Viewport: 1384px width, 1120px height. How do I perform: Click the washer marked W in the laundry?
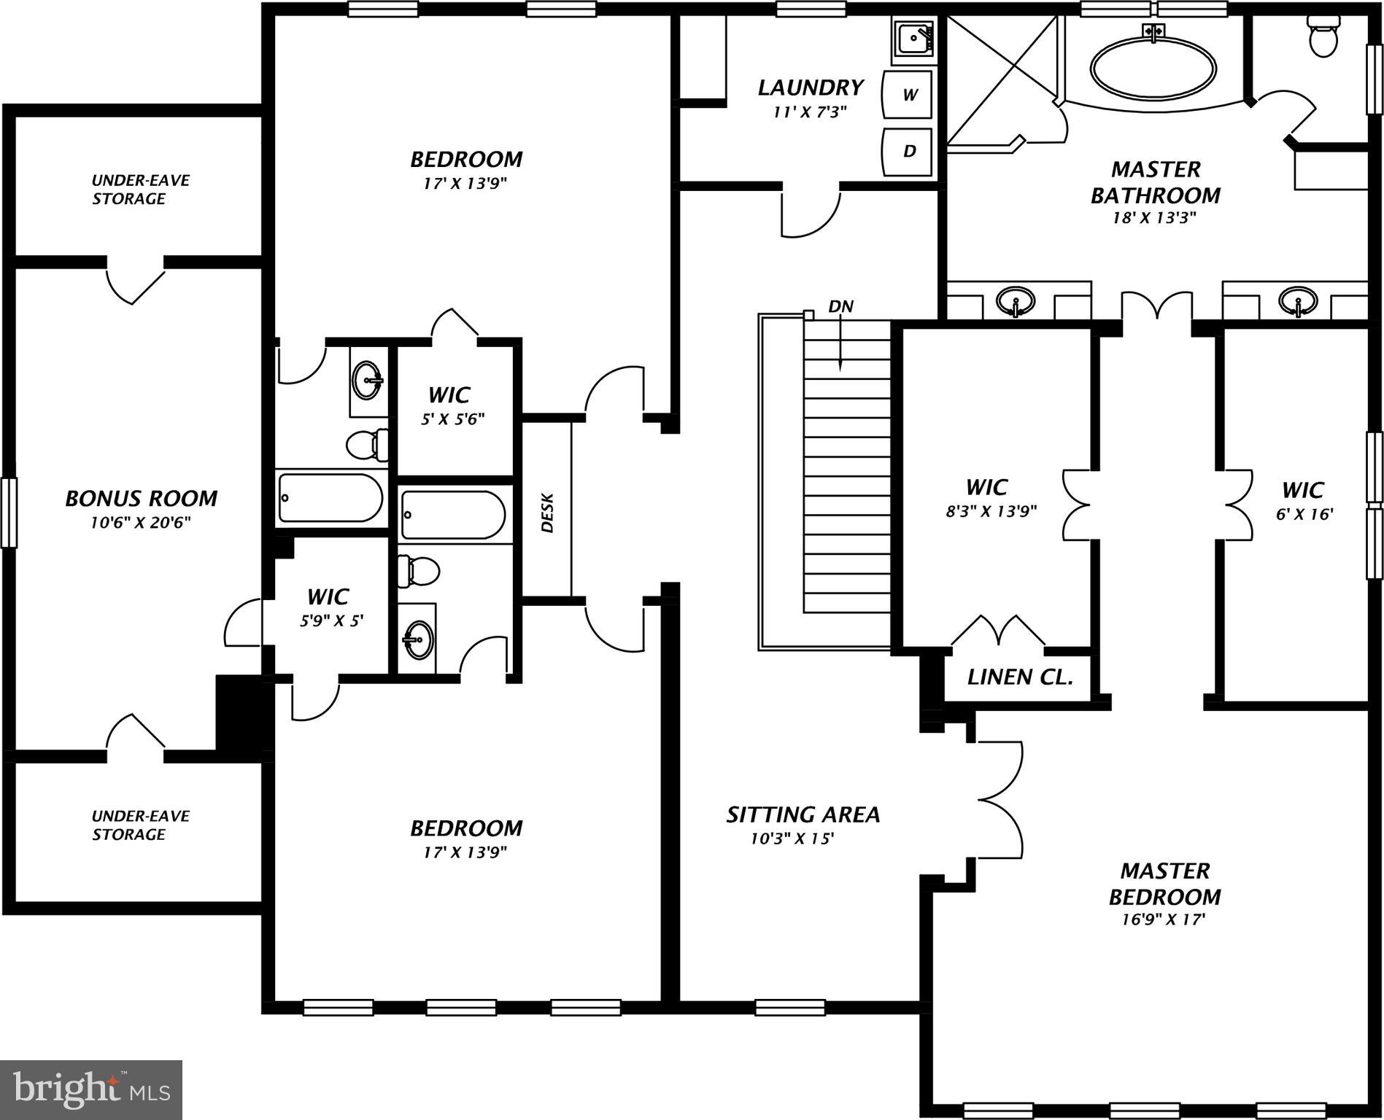coord(908,95)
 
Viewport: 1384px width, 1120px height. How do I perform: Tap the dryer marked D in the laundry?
coord(908,152)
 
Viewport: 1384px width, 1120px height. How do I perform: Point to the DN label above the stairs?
coord(840,306)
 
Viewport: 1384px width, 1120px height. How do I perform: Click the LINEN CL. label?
coord(1019,677)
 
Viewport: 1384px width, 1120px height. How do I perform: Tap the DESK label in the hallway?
coord(547,513)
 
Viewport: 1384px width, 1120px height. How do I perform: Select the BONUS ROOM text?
coord(141,499)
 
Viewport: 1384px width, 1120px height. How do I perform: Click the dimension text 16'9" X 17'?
coord(1163,919)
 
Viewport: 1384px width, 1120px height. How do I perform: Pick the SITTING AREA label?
coord(803,814)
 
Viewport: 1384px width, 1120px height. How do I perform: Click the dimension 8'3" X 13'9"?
coord(991,511)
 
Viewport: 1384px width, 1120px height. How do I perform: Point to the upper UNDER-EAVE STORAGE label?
coord(140,189)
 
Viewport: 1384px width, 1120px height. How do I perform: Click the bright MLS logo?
coord(90,1089)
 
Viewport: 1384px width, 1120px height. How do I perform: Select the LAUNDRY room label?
coord(810,88)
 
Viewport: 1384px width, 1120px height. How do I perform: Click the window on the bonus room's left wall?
coord(8,512)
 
